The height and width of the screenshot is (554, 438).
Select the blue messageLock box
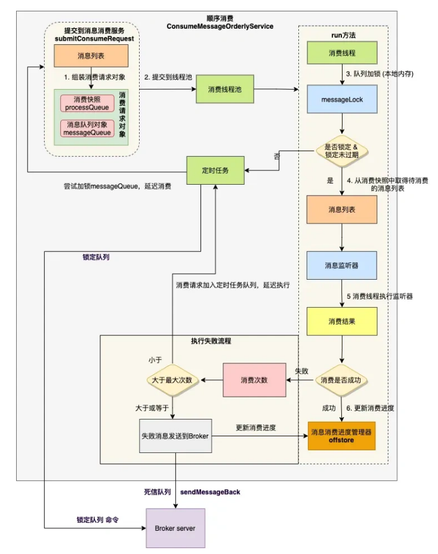[x=342, y=99]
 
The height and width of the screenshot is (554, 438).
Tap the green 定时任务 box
[x=215, y=170]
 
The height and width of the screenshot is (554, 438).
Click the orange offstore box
[x=341, y=436]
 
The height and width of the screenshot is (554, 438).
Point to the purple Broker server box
[x=175, y=528]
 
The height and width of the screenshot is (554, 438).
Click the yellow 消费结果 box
[x=342, y=322]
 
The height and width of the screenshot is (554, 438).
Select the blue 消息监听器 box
[x=342, y=265]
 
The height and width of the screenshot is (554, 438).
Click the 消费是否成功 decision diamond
[x=342, y=379]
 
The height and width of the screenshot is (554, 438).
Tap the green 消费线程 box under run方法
[x=342, y=53]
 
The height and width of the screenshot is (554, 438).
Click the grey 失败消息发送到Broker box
[x=175, y=436]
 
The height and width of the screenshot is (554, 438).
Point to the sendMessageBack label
[x=210, y=491]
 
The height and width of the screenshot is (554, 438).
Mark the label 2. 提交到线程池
[x=165, y=76]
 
